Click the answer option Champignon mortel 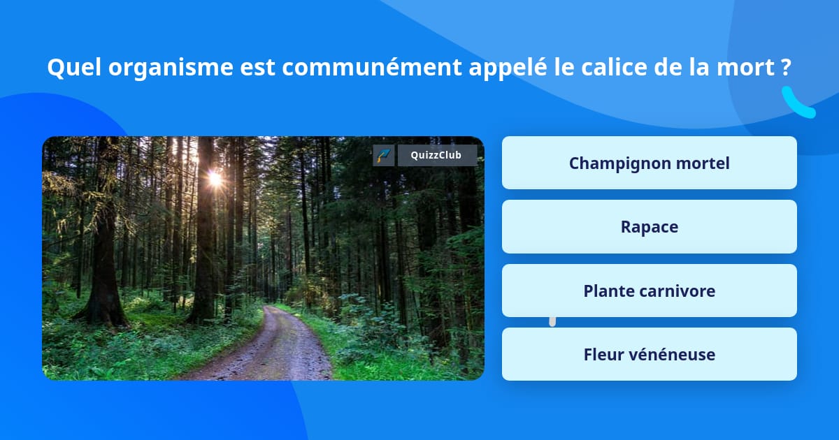[649, 163]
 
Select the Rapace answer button [649, 227]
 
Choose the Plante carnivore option [649, 291]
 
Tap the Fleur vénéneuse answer [649, 355]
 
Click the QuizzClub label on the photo [437, 155]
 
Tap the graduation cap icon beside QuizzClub [383, 155]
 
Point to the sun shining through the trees [215, 179]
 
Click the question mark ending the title [787, 68]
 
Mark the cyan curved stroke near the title [797, 103]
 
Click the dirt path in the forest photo [280, 349]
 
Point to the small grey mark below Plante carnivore [552, 321]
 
